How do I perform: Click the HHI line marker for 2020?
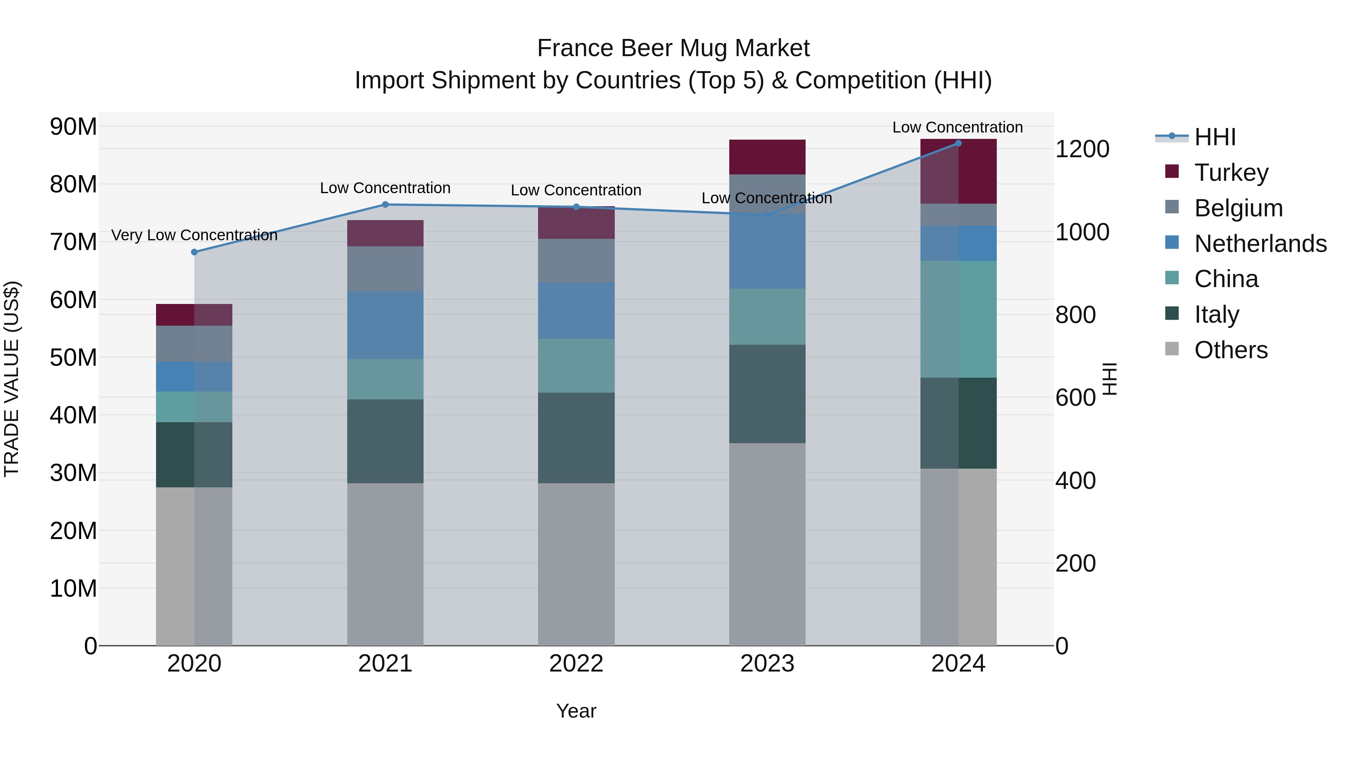tap(195, 252)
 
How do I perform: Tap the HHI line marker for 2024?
tap(959, 143)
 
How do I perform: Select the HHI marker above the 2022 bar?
tap(576, 207)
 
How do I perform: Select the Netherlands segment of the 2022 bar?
tap(576, 311)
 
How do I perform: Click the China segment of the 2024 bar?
tap(959, 319)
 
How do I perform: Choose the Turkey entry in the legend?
tap(1231, 173)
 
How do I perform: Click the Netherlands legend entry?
tap(1260, 244)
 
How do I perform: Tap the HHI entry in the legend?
tap(1215, 137)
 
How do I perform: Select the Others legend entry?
tap(1230, 350)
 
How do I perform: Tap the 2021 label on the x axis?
tap(385, 664)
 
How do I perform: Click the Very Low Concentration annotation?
tap(195, 235)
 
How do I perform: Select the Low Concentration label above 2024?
tap(957, 127)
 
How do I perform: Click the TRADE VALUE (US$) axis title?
tap(12, 379)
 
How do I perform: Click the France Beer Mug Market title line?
tap(673, 48)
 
